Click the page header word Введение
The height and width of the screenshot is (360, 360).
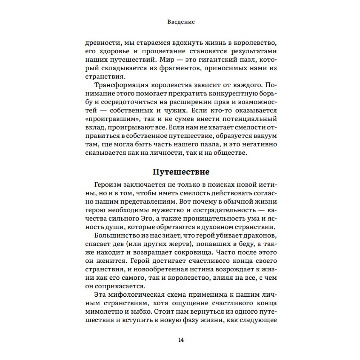click(x=181, y=22)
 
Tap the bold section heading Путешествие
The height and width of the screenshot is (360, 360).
click(x=181, y=171)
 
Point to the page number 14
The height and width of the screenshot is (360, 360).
click(x=181, y=340)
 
